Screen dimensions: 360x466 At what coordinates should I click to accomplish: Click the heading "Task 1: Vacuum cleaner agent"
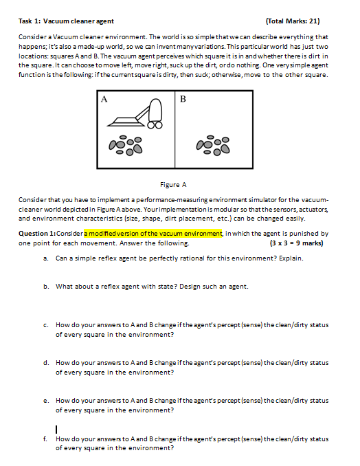[x=66, y=21]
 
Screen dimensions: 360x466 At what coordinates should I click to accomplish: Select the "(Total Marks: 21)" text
[x=293, y=21]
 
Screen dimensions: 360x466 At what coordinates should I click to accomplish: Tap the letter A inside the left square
[x=104, y=99]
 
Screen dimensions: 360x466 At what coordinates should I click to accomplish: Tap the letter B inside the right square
[x=183, y=99]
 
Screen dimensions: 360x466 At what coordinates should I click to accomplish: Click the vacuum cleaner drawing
[x=135, y=114]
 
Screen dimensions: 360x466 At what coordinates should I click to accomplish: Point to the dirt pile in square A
[x=126, y=146]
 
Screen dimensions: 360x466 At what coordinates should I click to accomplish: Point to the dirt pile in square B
[x=213, y=146]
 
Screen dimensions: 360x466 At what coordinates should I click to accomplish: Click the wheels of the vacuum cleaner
[x=155, y=125]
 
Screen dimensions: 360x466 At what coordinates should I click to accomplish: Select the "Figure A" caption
[x=173, y=185]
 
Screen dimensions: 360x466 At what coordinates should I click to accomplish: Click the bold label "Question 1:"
[x=37, y=234]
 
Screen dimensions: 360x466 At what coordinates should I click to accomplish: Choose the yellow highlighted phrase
[x=153, y=234]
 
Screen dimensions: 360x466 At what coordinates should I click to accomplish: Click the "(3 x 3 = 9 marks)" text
[x=296, y=243]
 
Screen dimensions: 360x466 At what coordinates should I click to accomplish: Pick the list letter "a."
[x=46, y=258]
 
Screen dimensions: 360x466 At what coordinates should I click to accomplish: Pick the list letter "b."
[x=46, y=287]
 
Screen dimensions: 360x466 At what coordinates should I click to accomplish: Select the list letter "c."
[x=46, y=325]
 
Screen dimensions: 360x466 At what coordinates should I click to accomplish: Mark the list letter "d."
[x=46, y=363]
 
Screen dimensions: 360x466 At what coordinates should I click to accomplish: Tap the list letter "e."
[x=46, y=401]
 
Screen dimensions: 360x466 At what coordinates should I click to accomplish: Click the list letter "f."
[x=45, y=439]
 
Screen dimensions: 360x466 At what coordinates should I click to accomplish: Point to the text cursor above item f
[x=56, y=430]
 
